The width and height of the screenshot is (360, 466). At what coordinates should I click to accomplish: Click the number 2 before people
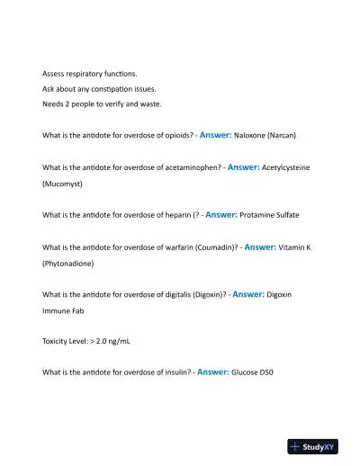pyautogui.click(x=68, y=104)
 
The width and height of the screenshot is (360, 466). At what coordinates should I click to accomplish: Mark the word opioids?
pyautogui.click(x=171, y=136)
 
